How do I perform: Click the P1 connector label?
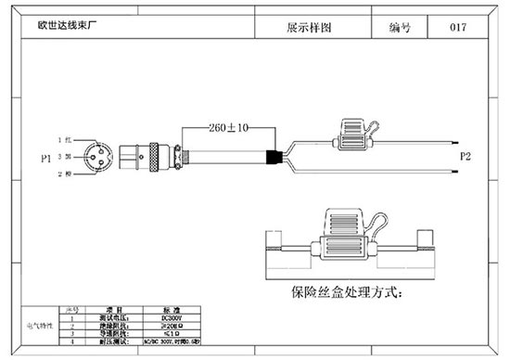click(x=45, y=160)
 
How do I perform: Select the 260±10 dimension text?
click(x=227, y=127)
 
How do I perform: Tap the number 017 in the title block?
click(x=457, y=27)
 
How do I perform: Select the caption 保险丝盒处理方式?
click(x=346, y=293)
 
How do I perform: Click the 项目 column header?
click(x=113, y=309)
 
